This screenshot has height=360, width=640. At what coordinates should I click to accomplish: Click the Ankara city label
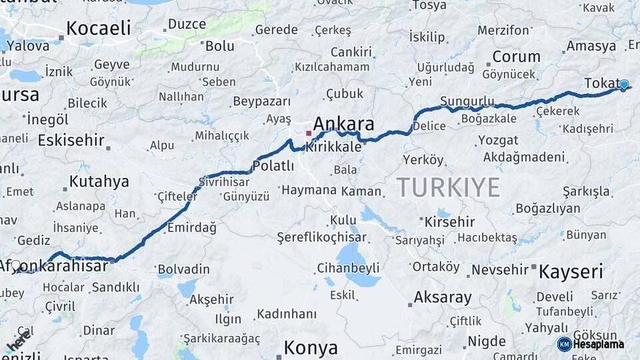coord(343,124)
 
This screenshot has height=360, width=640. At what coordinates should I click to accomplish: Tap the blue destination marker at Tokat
coord(623,85)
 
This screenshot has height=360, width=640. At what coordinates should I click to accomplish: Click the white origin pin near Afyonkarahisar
coord(16,266)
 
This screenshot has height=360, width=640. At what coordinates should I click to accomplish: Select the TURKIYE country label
coord(448,188)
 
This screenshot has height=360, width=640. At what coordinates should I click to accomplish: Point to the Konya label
coord(311,348)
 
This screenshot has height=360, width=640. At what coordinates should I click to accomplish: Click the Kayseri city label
coord(571,271)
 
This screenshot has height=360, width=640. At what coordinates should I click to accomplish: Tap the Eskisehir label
coord(71,141)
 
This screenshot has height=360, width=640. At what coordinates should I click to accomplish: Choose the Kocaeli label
coord(99,28)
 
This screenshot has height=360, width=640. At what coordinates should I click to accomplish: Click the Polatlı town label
coord(273,166)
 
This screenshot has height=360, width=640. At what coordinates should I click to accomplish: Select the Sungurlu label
coord(467,101)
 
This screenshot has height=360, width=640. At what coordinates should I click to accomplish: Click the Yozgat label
coord(497,140)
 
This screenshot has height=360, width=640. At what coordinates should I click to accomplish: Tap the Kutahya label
coord(99,181)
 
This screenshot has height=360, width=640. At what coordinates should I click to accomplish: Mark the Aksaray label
coord(443,297)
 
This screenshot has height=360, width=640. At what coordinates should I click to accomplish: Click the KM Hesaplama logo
coord(591,344)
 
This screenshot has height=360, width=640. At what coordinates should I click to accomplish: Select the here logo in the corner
coord(18,342)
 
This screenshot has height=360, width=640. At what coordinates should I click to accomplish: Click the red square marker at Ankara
coord(308,133)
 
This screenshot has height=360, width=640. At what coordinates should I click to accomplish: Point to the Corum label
coord(516,57)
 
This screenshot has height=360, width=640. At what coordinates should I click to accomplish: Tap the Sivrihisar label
coord(224,181)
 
